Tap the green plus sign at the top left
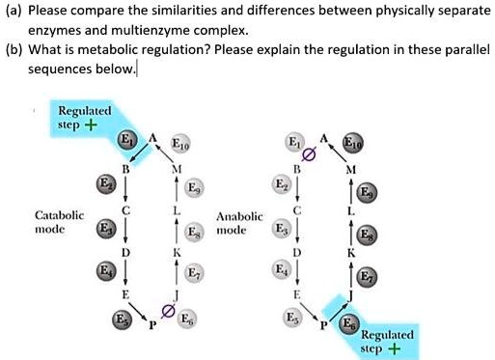(91, 125)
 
